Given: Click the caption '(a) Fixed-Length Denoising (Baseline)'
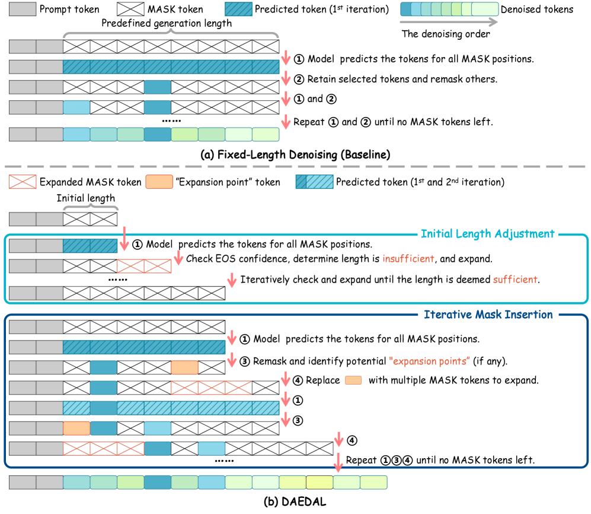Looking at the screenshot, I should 295,156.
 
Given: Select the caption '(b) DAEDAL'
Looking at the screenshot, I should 296,502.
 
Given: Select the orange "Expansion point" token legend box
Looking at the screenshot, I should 159,182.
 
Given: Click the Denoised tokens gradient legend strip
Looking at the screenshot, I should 449,10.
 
